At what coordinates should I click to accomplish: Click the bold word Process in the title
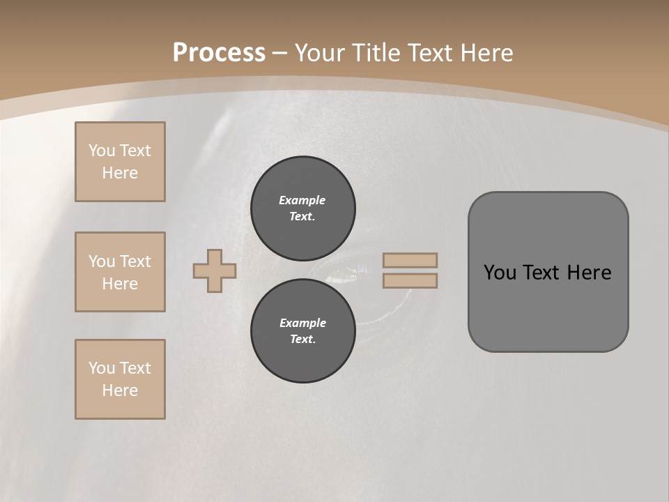point(219,53)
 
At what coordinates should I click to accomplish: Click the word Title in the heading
point(377,53)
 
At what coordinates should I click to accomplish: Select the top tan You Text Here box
point(120,162)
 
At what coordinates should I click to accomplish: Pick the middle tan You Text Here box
point(120,272)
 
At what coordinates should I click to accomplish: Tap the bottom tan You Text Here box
point(120,379)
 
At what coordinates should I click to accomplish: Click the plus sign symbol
point(215,271)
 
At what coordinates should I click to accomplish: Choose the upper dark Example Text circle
point(303,208)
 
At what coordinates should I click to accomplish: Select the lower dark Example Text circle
point(303,331)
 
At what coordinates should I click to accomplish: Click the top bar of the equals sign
point(410,260)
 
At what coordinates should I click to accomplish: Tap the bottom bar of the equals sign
point(410,281)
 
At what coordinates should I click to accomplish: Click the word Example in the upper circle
point(302,200)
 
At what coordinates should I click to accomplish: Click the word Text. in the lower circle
point(303,340)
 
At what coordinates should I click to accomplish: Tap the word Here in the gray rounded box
point(589,273)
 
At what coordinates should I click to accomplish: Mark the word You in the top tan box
point(102,151)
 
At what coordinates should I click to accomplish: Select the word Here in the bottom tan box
point(120,390)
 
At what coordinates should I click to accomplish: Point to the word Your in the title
point(320,53)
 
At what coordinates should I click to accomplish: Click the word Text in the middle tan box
point(135,261)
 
